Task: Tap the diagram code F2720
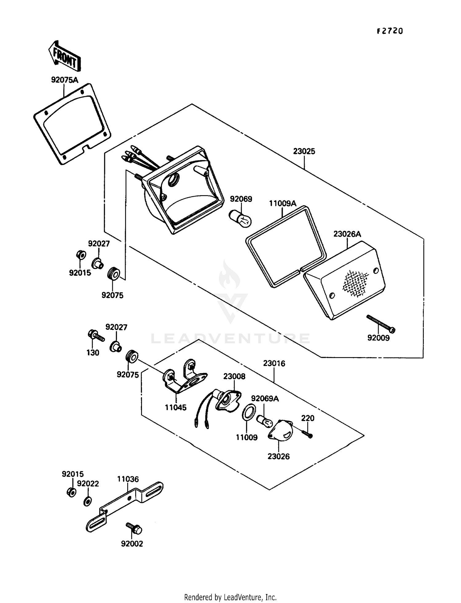coord(390,31)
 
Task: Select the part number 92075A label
coord(65,80)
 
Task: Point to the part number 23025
coord(304,151)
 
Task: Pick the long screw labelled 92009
coord(381,324)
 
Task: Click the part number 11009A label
coord(283,203)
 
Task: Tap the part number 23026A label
coord(347,234)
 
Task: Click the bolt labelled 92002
coord(134,528)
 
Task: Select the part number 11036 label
coord(128,479)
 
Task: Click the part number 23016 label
coord(274,363)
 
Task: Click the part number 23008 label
coord(234,376)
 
